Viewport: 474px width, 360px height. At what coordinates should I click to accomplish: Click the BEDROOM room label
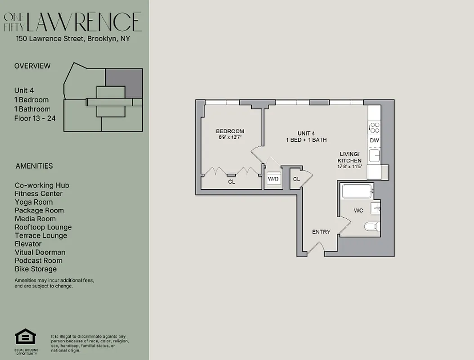230,131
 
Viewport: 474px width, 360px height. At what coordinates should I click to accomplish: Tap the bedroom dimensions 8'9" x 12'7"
230,137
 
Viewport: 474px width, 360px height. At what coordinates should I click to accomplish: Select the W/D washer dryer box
273,179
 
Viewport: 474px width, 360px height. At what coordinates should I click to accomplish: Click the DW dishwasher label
374,140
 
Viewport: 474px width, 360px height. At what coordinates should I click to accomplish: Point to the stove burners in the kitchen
374,127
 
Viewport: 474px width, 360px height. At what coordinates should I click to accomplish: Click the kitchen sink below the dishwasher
375,156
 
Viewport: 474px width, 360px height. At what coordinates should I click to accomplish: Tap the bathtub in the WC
358,191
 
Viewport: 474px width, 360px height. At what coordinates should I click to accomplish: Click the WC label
358,210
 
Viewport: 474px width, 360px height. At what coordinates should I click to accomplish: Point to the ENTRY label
321,232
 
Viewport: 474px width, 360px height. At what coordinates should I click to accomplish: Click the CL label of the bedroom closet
231,182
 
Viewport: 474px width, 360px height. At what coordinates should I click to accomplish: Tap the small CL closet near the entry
296,179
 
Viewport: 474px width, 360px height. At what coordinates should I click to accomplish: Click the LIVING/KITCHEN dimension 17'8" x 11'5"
349,166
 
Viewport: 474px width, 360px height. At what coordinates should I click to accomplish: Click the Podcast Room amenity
39,261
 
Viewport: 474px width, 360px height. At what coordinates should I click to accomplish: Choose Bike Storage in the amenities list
36,269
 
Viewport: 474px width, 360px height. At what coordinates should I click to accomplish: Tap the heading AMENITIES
34,166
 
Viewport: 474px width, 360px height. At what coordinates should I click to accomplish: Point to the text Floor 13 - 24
32,118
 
